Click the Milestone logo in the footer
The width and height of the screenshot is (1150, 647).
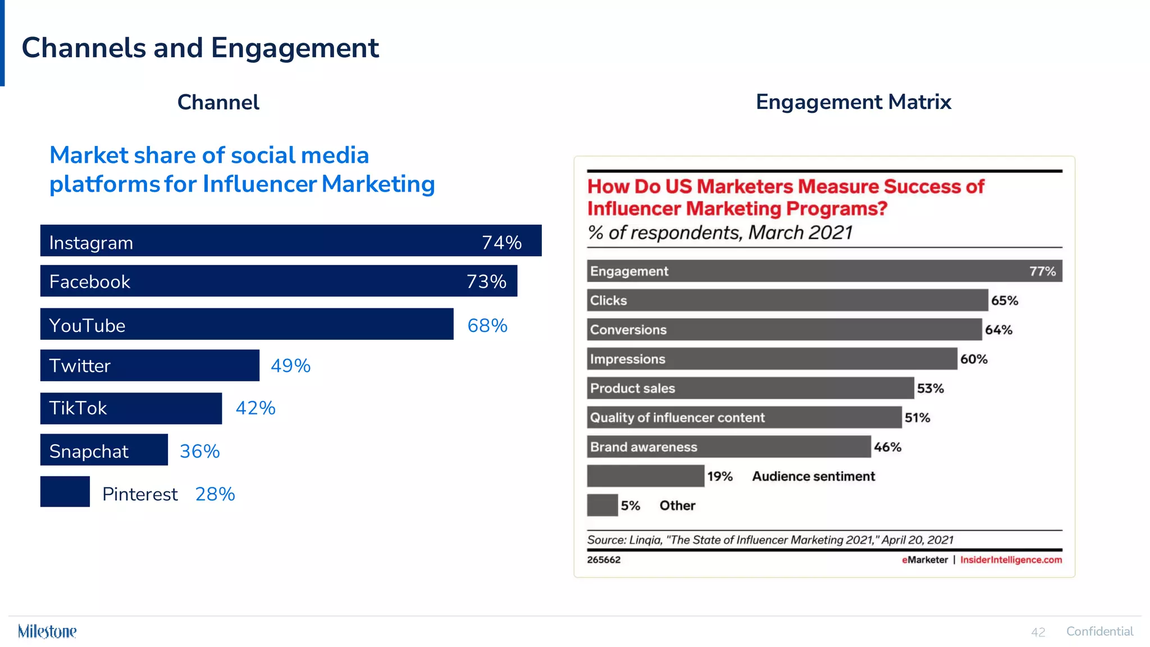(x=47, y=631)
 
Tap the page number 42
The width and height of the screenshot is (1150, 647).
(x=1038, y=632)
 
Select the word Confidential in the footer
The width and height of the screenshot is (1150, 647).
(x=1099, y=631)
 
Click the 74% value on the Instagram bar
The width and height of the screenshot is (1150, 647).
(x=501, y=242)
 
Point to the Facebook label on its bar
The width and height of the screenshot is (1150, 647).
(x=90, y=281)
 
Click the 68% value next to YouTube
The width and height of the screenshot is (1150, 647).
(x=487, y=325)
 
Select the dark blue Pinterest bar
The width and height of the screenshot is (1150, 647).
(x=65, y=491)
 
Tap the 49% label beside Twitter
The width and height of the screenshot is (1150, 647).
(x=290, y=366)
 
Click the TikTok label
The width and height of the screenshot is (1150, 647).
(x=78, y=408)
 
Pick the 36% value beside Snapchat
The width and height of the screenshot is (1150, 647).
(x=199, y=451)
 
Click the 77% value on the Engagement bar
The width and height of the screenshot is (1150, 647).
(x=1042, y=271)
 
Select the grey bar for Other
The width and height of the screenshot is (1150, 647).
(x=602, y=505)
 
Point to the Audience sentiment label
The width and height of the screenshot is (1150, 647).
(x=813, y=476)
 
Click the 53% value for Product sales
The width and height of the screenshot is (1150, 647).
(x=930, y=388)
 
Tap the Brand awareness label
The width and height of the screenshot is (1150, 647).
(x=644, y=447)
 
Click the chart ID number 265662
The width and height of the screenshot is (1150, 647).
(x=604, y=560)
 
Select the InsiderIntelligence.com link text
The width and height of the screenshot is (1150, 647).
(x=1011, y=560)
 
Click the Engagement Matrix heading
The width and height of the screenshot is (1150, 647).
(x=853, y=102)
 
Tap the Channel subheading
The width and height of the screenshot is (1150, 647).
(x=218, y=102)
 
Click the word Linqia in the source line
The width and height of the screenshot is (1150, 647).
(x=645, y=540)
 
